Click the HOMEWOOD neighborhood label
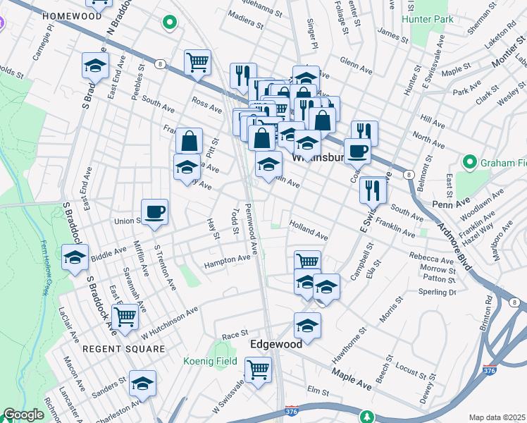(x=72, y=16)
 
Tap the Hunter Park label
(x=428, y=20)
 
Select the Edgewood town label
(x=277, y=344)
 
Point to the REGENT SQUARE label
(x=123, y=349)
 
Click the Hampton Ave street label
(x=227, y=261)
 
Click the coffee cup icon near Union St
(x=155, y=211)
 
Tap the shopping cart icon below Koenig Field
(x=258, y=369)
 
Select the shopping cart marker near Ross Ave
(x=198, y=62)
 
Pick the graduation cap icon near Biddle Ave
(x=74, y=257)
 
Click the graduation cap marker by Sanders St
(x=142, y=384)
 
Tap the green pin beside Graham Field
(x=470, y=163)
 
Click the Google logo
(x=23, y=415)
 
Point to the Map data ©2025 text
(x=497, y=417)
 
